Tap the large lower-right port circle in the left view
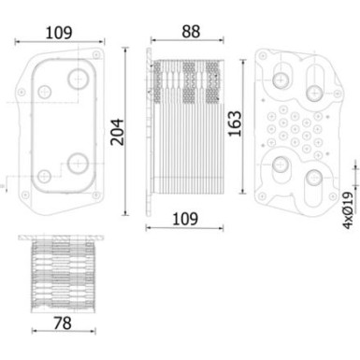point(76,166)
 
